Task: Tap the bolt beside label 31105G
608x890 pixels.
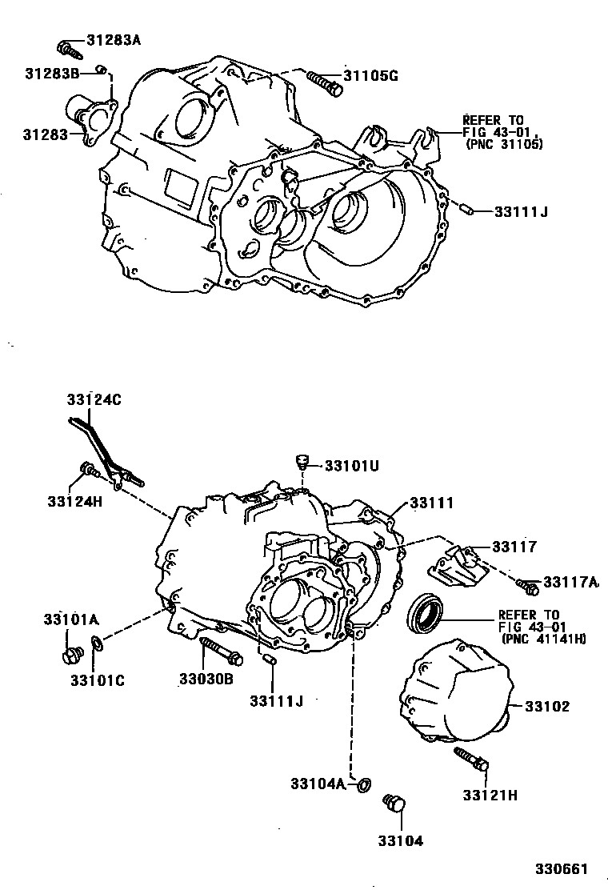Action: tap(323, 81)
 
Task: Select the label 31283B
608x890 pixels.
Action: tap(51, 74)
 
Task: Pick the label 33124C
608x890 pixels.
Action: tap(94, 399)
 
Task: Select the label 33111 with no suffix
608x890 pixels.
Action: tap(432, 503)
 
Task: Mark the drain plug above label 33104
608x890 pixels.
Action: tap(394, 804)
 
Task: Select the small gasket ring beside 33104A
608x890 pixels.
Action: tap(362, 784)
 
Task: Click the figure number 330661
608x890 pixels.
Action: tap(562, 868)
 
